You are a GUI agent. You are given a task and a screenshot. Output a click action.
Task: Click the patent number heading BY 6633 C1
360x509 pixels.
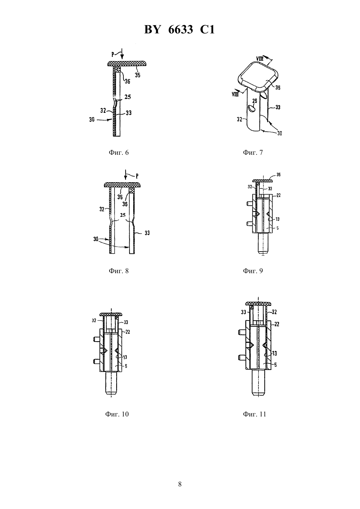[x=180, y=29]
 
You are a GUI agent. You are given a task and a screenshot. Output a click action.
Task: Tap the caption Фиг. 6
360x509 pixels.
[x=118, y=152]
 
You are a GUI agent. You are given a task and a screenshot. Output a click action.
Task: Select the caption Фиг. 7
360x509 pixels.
[x=253, y=152]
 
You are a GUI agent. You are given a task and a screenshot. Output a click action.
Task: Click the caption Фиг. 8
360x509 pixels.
[x=118, y=271]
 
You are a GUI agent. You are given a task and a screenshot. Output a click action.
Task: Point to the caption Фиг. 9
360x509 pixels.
[x=253, y=271]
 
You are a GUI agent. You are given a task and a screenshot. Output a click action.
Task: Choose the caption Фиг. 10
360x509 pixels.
[x=117, y=414]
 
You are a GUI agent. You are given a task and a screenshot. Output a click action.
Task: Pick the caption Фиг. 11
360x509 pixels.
[x=254, y=414]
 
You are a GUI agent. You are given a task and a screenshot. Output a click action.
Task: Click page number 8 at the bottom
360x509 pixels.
[x=180, y=484]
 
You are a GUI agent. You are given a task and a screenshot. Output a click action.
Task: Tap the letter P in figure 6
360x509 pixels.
[x=113, y=55]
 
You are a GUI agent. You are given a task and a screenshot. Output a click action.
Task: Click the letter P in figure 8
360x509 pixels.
[x=137, y=176]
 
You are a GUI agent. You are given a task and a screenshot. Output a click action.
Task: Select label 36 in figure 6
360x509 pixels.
[x=128, y=81]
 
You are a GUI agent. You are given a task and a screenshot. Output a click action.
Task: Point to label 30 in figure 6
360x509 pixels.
[x=92, y=119]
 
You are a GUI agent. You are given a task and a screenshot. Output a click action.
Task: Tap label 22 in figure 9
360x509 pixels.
[x=279, y=195]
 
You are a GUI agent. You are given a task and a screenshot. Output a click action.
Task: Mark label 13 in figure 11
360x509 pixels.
[x=275, y=353]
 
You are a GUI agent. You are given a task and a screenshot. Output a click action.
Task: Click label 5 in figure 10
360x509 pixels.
[x=126, y=366]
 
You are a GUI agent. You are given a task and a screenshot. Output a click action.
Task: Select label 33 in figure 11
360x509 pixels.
[x=243, y=312]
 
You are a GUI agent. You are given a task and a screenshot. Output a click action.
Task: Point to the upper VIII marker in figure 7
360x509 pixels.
[x=260, y=59]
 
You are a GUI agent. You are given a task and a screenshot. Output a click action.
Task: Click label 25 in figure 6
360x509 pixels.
[x=128, y=97]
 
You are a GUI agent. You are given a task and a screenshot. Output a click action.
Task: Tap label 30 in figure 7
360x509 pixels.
[x=279, y=133]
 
